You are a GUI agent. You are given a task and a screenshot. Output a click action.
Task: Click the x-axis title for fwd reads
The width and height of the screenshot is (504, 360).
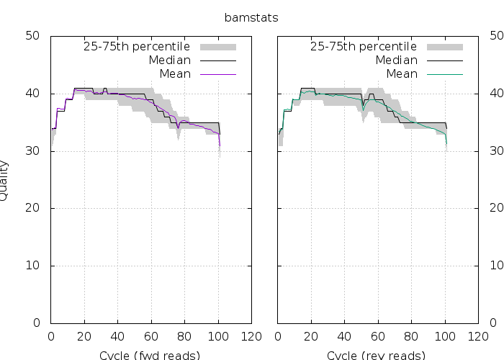click(x=149, y=355)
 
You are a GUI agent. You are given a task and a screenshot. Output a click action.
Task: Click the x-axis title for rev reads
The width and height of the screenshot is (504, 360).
click(x=376, y=355)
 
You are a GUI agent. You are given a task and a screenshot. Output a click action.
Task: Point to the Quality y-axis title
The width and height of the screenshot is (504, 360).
click(x=4, y=180)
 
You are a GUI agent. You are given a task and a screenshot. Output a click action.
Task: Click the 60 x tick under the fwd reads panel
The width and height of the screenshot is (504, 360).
click(x=151, y=336)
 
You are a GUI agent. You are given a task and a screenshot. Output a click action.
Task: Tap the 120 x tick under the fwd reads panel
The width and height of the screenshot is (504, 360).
click(x=251, y=336)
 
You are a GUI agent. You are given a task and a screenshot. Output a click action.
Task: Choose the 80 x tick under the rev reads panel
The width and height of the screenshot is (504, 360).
click(x=412, y=336)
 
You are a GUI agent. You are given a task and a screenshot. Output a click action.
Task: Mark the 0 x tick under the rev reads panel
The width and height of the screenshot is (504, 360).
click(x=278, y=336)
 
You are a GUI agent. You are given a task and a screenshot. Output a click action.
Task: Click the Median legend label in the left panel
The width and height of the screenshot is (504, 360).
click(x=169, y=60)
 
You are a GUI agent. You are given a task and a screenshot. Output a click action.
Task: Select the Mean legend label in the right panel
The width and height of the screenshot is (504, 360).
click(x=402, y=74)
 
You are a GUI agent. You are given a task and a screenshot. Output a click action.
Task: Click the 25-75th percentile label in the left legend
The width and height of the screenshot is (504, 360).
click(x=134, y=47)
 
